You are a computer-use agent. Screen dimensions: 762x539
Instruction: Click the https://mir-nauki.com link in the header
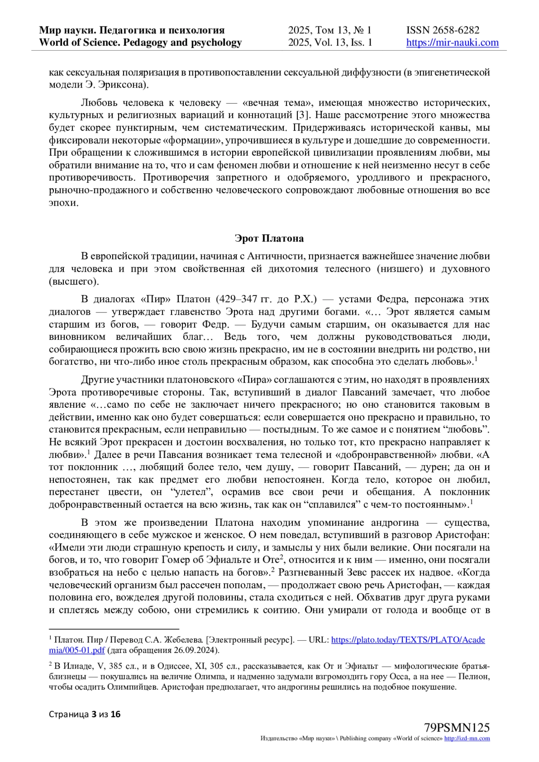click(x=452, y=43)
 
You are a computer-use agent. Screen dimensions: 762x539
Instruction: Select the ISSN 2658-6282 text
click(x=443, y=30)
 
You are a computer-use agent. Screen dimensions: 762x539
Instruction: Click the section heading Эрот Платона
click(x=269, y=238)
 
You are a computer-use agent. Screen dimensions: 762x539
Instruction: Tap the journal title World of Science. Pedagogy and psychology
click(x=141, y=43)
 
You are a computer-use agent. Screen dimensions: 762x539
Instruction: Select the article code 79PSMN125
click(x=457, y=727)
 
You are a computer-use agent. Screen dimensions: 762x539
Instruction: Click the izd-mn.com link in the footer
click(x=467, y=739)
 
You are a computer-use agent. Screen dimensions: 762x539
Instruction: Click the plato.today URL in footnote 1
click(x=408, y=640)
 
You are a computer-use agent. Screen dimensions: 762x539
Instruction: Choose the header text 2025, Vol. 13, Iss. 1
click(x=330, y=43)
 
